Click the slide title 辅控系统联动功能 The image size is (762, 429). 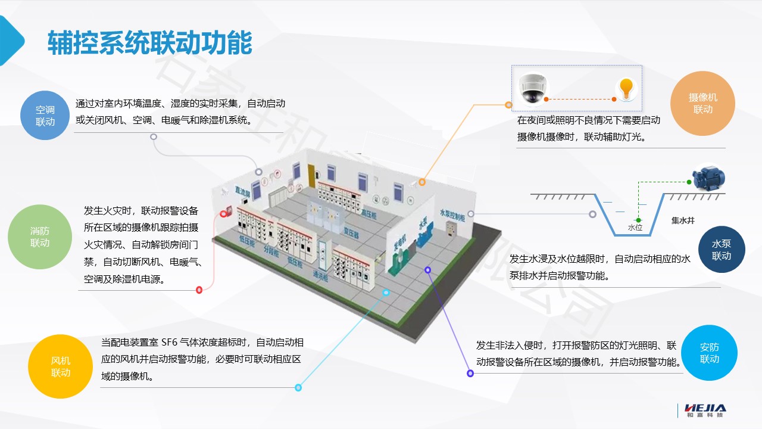(x=149, y=43)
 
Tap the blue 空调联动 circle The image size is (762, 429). (x=45, y=116)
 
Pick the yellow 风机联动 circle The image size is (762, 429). (x=61, y=366)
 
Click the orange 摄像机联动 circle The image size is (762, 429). (x=702, y=103)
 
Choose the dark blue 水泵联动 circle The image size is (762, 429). (x=721, y=250)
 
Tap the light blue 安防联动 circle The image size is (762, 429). (x=709, y=353)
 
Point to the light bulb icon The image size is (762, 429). (x=625, y=88)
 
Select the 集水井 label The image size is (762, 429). (x=683, y=220)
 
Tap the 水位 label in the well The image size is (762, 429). (x=635, y=227)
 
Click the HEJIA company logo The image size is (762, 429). (x=705, y=411)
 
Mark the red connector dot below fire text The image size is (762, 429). (x=199, y=290)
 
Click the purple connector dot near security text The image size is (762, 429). (x=470, y=373)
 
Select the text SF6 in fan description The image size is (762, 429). (x=170, y=343)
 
